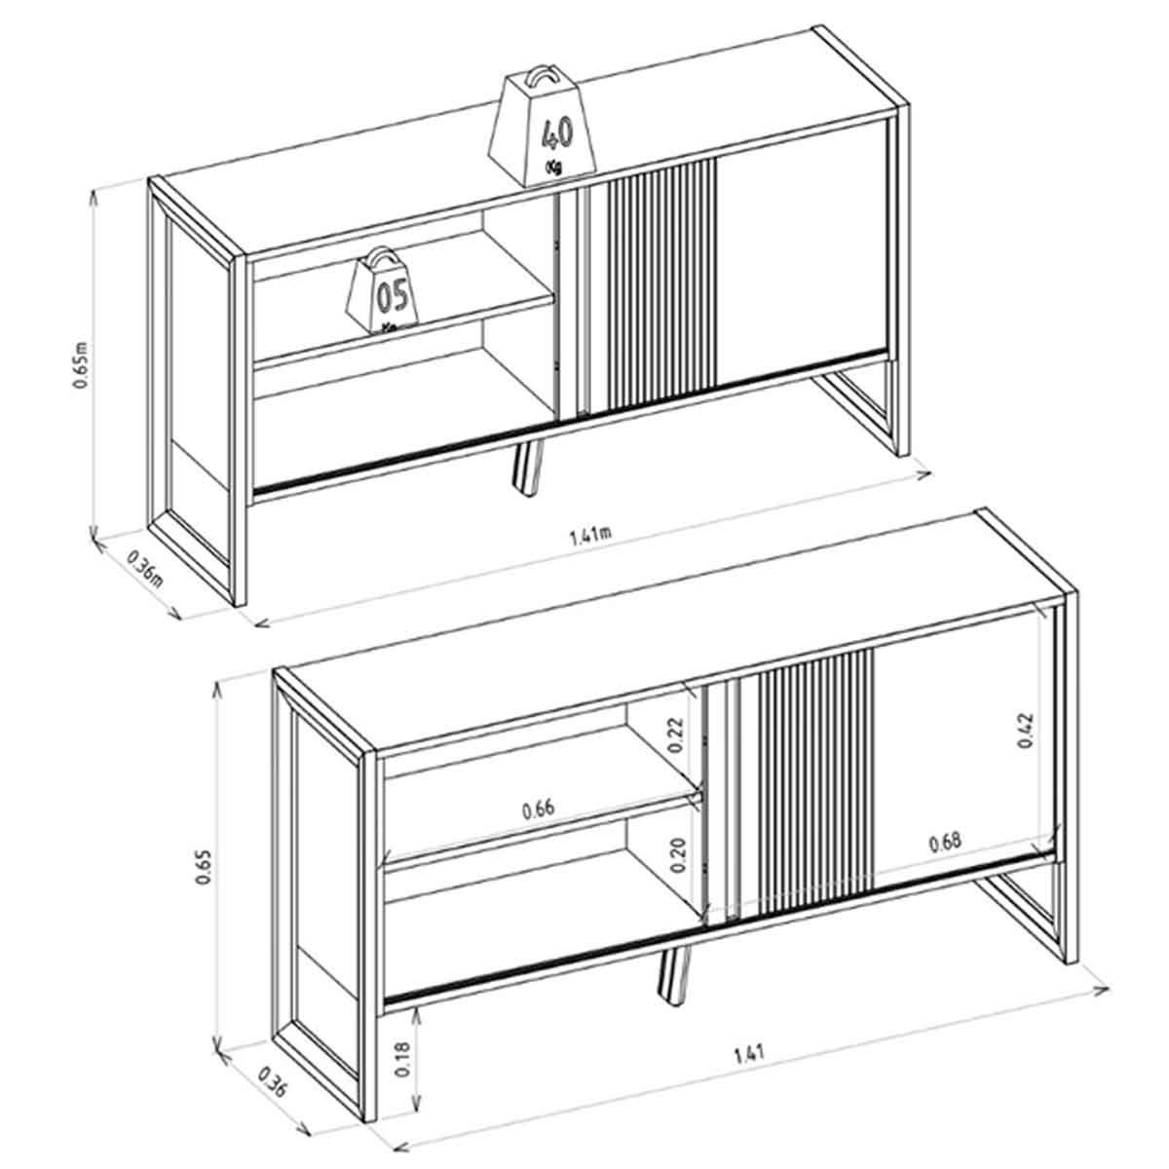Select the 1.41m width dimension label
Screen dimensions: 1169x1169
point(589,535)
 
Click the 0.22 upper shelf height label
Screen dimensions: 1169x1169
point(676,735)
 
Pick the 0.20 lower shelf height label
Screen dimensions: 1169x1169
point(678,855)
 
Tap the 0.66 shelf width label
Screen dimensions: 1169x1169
point(538,810)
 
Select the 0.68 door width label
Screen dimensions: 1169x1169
point(945,842)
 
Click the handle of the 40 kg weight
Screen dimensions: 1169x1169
point(540,79)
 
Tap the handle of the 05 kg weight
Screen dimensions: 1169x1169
point(382,256)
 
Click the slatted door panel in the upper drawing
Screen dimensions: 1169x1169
point(654,285)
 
